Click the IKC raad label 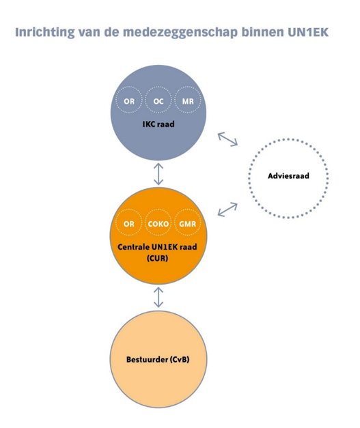click(158, 124)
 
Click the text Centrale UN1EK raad click(157, 246)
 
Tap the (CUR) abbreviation click(157, 258)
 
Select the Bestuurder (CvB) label click(158, 359)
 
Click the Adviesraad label click(288, 176)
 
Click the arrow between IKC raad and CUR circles click(158, 174)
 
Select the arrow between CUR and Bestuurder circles click(158, 297)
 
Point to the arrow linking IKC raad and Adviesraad click(227, 139)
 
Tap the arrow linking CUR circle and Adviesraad click(227, 210)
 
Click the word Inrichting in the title click(44, 32)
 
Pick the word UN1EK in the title click(308, 32)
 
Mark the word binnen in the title click(263, 32)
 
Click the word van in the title click(89, 33)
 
